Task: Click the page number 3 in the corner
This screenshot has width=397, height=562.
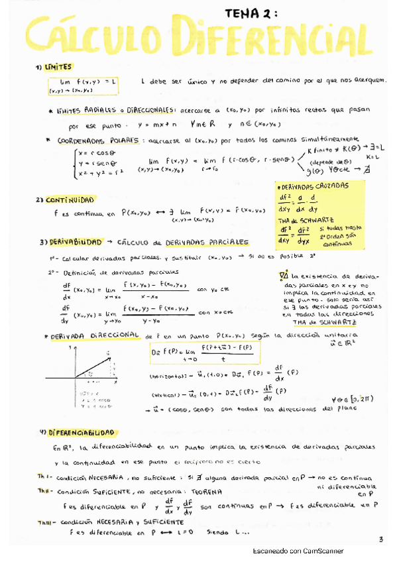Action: point(381,539)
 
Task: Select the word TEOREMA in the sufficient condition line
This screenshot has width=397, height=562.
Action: point(207,491)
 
